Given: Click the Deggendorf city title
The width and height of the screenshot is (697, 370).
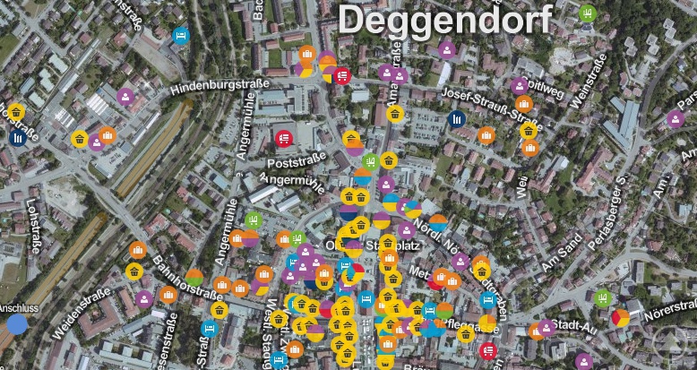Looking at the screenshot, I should point(444,20).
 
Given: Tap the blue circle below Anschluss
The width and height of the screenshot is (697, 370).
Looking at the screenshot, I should point(16,323).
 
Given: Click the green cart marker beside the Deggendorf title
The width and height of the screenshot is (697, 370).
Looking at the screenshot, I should point(587,13).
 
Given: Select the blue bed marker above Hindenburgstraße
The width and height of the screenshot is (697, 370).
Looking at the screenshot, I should point(180,37).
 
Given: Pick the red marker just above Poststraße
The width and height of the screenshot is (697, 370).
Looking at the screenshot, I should point(284,139).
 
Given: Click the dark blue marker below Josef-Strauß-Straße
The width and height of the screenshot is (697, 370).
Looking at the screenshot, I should point(457,118).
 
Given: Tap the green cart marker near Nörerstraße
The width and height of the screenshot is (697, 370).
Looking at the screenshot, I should point(602,297).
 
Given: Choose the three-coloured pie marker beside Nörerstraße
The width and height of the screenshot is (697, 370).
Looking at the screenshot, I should point(620,317).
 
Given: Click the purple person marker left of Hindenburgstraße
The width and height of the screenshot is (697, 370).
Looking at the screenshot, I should point(126,96).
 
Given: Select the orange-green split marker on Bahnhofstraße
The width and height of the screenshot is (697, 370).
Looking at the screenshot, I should point(194,278).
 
